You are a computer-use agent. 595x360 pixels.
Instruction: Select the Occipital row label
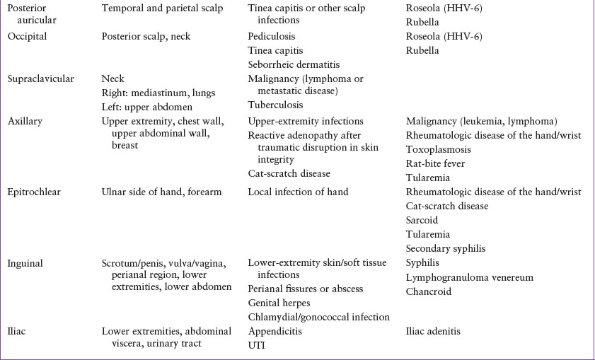(27, 36)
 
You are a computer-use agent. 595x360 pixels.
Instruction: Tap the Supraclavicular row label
(40, 79)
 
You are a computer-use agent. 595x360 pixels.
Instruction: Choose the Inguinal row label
(25, 263)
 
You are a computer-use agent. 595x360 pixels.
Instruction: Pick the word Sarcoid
(423, 220)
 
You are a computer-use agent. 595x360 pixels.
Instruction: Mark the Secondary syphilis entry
(447, 248)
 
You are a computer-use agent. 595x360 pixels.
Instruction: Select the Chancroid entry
(428, 291)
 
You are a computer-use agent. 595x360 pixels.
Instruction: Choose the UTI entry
(257, 345)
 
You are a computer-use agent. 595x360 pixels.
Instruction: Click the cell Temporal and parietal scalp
(162, 8)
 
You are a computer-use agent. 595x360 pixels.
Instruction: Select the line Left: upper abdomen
(146, 107)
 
